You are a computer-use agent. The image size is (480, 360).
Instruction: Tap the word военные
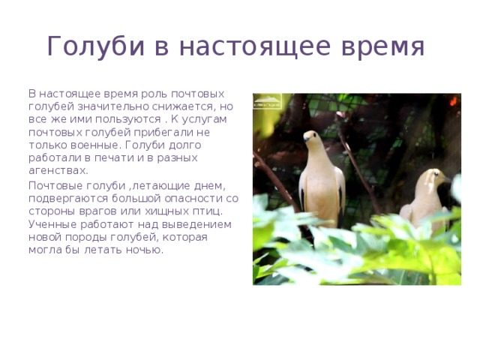point(88,145)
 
